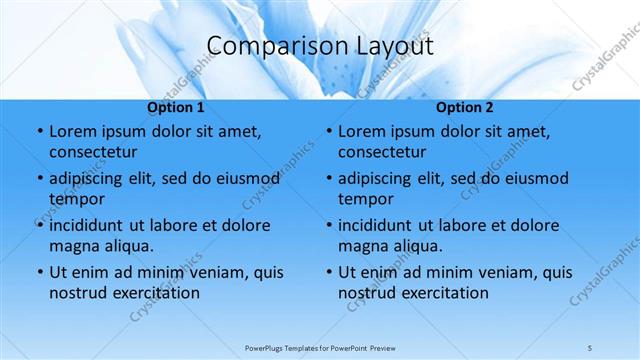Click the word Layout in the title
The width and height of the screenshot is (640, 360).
393,46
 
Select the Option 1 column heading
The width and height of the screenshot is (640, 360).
176,108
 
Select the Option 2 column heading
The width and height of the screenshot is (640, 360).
465,108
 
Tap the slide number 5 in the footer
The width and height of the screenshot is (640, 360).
590,347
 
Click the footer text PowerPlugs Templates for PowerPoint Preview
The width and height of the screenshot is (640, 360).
320,347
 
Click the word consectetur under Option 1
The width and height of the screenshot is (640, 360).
93,152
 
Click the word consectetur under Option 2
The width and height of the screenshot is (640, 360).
382,152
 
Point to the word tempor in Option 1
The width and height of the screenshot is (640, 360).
76,199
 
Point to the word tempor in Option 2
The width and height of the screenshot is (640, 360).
365,199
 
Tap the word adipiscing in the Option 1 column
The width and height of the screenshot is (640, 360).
90,179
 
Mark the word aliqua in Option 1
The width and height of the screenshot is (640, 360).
127,246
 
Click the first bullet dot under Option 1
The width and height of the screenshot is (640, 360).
38,132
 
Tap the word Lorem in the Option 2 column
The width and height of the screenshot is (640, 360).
362,132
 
